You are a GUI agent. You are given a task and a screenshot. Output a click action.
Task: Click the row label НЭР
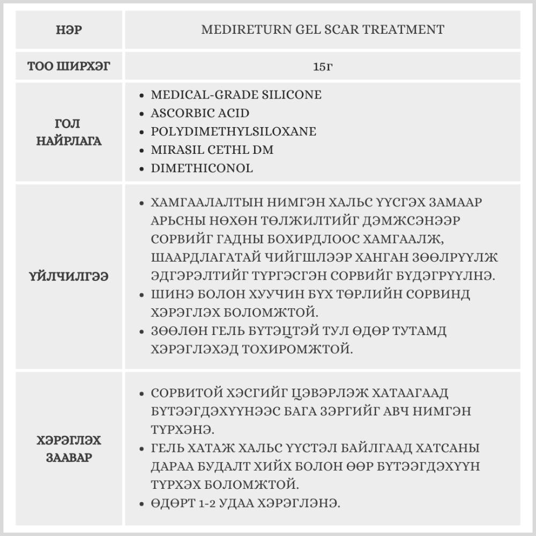[68, 29]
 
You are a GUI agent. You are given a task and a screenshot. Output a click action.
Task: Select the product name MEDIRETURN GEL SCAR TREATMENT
[323, 29]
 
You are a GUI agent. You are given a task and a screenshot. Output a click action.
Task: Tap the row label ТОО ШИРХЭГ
[68, 67]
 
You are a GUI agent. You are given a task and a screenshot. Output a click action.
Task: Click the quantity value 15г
[323, 67]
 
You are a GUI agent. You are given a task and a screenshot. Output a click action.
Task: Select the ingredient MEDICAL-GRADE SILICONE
[236, 95]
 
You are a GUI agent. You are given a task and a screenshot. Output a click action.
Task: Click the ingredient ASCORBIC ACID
[200, 113]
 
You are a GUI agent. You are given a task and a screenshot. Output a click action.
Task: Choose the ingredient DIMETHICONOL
[202, 168]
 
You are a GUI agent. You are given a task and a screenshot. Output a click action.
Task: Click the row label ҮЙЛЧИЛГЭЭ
[68, 277]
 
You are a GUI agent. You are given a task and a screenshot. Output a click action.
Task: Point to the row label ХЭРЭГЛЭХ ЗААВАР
[68, 449]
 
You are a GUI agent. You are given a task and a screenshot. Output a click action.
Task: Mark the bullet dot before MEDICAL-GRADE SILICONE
[141, 95]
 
